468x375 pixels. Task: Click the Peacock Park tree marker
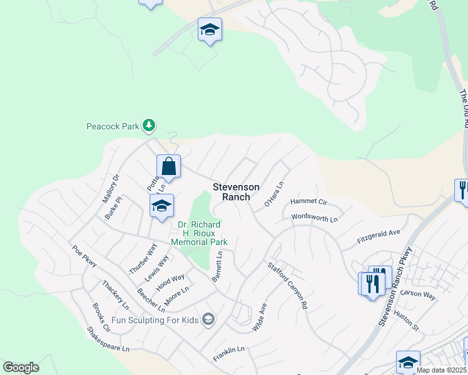149,126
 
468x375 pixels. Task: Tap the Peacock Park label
113,126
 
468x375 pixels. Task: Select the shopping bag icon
168,167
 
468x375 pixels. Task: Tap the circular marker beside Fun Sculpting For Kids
208,320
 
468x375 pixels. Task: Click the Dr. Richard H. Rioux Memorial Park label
200,233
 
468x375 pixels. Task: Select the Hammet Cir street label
309,202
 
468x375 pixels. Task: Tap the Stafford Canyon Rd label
288,286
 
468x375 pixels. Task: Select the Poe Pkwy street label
84,256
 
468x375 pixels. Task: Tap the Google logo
21,367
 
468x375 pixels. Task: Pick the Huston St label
405,321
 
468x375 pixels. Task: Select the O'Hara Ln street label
274,194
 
